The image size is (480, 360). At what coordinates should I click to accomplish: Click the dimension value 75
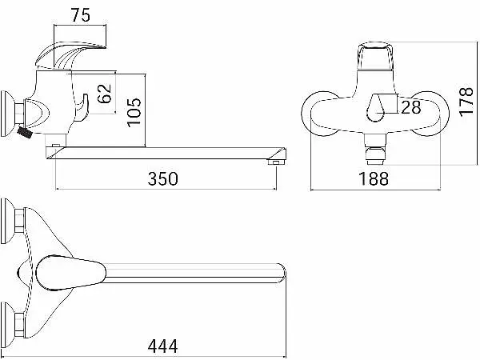coord(81,15)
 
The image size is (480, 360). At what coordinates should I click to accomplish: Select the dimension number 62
coord(104,94)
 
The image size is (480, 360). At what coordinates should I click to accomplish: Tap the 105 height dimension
coord(134,112)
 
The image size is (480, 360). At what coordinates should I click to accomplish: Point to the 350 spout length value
coord(162,178)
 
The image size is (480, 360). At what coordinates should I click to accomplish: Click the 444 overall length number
coord(162,346)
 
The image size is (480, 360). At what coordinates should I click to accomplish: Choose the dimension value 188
coord(374,178)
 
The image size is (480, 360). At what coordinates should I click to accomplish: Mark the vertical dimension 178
coord(466,102)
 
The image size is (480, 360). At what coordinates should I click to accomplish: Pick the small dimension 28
coord(411,107)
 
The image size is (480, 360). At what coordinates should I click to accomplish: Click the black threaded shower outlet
coord(25,132)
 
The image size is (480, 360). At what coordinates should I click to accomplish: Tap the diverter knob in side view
coord(82,107)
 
